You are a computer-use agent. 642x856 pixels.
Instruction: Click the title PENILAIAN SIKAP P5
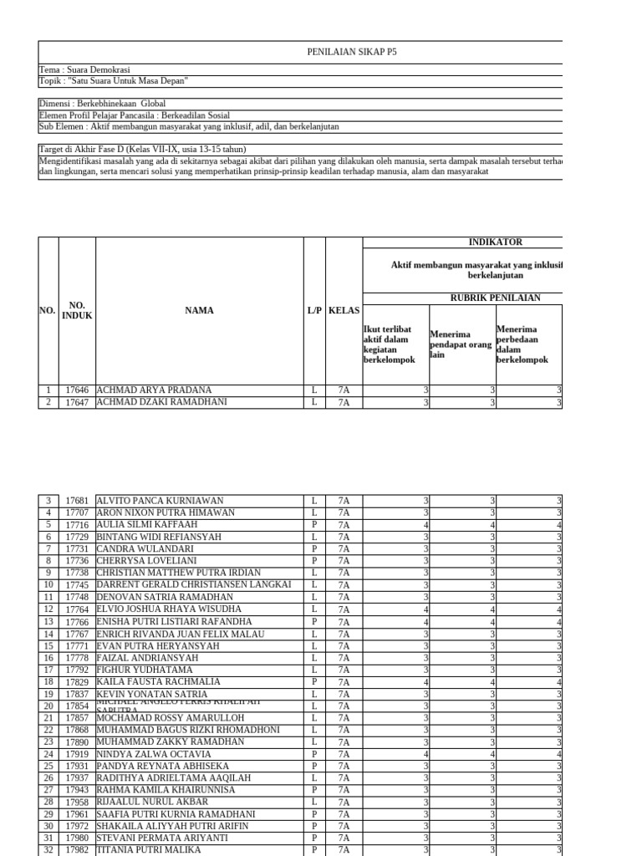click(351, 52)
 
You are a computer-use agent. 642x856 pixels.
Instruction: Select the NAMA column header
click(200, 311)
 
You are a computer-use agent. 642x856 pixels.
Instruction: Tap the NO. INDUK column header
click(77, 311)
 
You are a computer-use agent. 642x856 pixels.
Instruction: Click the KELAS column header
click(344, 311)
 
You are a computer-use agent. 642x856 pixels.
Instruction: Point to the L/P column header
click(314, 311)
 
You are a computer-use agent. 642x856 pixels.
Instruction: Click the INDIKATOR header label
click(495, 242)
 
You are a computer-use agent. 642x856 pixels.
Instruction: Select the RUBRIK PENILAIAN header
click(495, 298)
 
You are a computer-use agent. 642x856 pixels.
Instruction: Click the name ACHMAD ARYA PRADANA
click(154, 390)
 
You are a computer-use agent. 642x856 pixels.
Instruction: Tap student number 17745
click(77, 584)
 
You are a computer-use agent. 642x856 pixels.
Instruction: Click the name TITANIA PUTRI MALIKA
click(148, 850)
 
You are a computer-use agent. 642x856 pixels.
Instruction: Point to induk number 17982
click(77, 850)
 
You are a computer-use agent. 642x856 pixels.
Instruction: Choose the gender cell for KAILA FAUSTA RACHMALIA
click(314, 681)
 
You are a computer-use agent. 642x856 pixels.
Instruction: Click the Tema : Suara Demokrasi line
click(84, 69)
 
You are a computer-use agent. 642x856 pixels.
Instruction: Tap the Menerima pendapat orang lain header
click(461, 344)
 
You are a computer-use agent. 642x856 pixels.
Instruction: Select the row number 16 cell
click(48, 657)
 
